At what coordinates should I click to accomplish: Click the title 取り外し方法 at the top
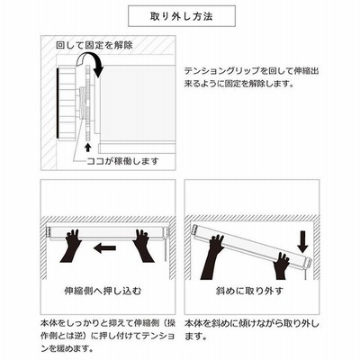(x=182, y=16)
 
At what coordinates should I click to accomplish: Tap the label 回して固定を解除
(x=94, y=45)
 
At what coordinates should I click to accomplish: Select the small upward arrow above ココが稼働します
(x=87, y=147)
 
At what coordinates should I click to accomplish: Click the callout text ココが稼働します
(x=122, y=161)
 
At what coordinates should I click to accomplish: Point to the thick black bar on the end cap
(x=58, y=103)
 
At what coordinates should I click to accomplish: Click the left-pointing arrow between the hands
(x=104, y=247)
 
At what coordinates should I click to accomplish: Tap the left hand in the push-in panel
(x=71, y=246)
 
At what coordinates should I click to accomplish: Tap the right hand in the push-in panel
(x=143, y=246)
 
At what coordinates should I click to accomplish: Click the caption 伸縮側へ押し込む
(x=103, y=291)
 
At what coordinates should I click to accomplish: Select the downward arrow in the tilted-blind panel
(x=302, y=242)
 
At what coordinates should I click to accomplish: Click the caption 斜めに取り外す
(x=249, y=291)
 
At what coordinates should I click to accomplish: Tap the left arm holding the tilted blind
(x=213, y=257)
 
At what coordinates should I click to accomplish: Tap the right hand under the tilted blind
(x=282, y=265)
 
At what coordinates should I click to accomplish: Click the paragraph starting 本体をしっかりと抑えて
(x=108, y=337)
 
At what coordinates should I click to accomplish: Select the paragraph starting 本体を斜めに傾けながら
(x=252, y=330)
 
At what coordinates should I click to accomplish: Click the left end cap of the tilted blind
(x=195, y=230)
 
